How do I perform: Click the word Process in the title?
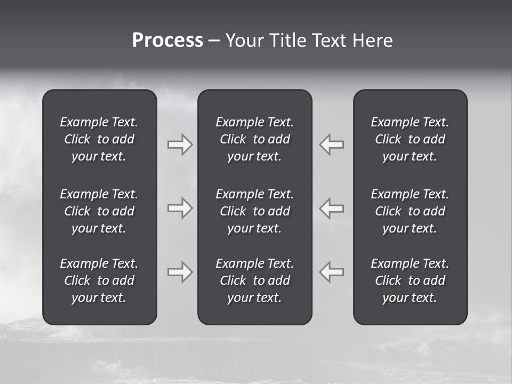(167, 41)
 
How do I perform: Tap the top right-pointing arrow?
(180, 145)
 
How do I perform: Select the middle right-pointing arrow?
(180, 208)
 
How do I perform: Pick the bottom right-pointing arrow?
(180, 272)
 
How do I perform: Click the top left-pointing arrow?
(331, 145)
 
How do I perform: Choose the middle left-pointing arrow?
(331, 208)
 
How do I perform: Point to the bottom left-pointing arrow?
(331, 272)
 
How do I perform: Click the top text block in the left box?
(99, 139)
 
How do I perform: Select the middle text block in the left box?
(99, 211)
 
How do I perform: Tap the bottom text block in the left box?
(99, 281)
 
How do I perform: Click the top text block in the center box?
(255, 139)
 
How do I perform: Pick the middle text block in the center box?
(255, 211)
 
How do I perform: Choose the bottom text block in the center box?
(255, 281)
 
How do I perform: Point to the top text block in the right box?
(410, 139)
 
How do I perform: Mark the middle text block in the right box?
(410, 211)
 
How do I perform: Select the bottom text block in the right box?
(410, 281)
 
